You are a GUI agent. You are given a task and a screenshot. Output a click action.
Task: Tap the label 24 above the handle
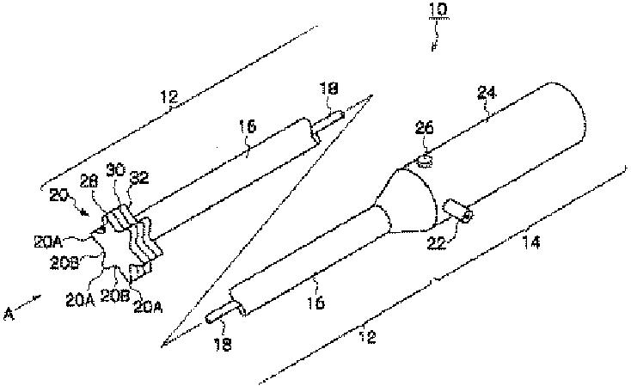tap(487, 109)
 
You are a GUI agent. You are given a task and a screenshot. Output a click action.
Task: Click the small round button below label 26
tap(424, 159)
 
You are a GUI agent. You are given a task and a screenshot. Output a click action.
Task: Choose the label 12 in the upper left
tap(168, 99)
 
